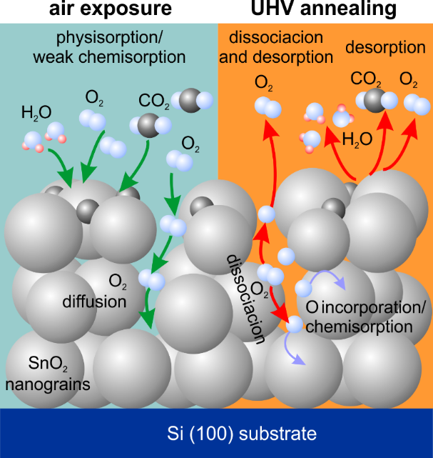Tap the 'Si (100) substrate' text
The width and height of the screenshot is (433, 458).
click(x=216, y=433)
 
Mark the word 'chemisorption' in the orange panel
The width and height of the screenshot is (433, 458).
click(x=371, y=327)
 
